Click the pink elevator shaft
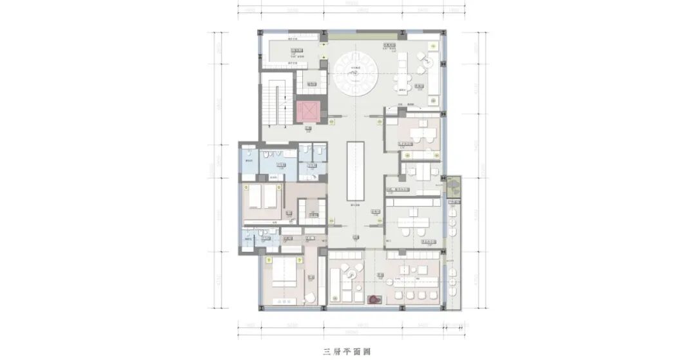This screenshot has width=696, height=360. click(x=307, y=110)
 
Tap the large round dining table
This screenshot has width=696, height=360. click(x=358, y=73)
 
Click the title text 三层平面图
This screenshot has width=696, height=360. click(x=348, y=352)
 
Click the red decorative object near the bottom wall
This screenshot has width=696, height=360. click(x=373, y=299)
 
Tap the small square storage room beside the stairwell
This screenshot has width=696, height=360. click(x=311, y=81)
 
